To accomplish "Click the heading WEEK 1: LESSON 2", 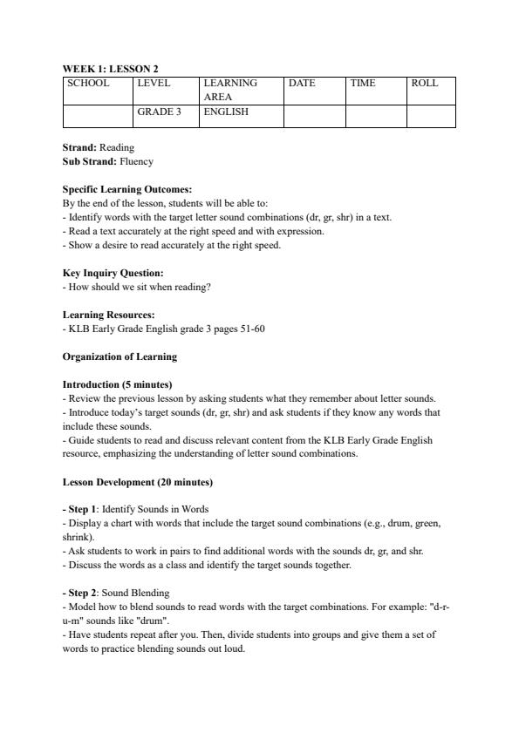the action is [110, 68].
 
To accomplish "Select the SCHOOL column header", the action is [88, 84].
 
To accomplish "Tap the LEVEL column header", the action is [154, 84].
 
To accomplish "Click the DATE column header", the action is [302, 84].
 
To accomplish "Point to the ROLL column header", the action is [424, 84].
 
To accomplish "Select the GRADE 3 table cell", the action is [158, 112].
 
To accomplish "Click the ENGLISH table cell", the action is [226, 112].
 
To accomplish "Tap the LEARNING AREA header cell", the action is [230, 90].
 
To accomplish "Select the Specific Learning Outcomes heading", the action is [127, 189].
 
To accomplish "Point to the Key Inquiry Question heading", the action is [113, 273].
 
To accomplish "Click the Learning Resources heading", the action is [109, 314].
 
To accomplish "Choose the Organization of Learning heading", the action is [120, 356].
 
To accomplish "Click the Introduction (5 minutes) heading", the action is [117, 384].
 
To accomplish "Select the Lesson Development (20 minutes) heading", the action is [138, 482].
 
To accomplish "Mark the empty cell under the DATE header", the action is [314, 117].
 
